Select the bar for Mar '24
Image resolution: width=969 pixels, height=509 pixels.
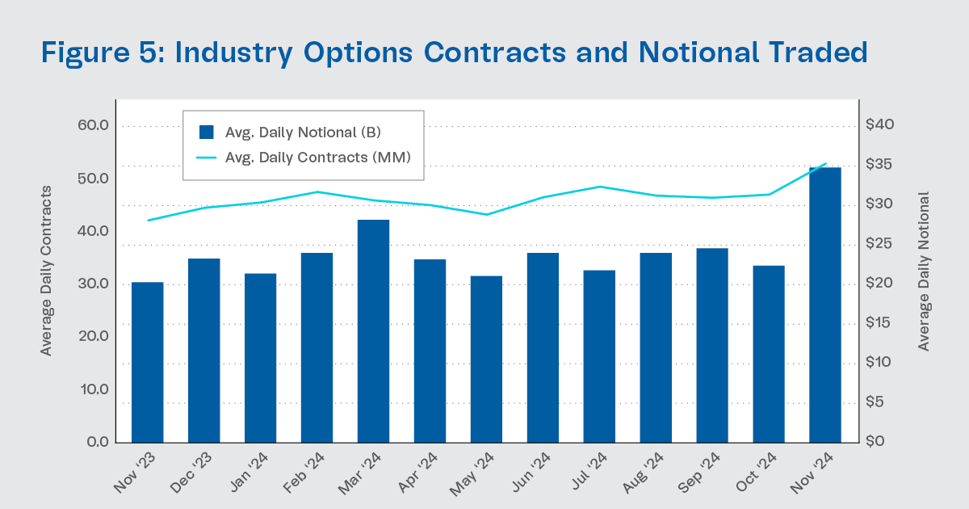[373, 331]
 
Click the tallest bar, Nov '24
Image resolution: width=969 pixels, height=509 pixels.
[825, 305]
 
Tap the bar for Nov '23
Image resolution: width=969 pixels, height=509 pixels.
[148, 363]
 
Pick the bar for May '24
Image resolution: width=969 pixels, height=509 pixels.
[486, 360]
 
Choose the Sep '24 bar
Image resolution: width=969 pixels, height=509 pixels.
[712, 346]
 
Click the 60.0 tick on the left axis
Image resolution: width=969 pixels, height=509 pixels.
[93, 126]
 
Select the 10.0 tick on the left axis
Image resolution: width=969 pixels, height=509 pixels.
[93, 389]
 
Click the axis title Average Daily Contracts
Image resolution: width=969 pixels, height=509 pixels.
[46, 271]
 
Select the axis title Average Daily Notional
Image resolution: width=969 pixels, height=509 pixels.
[924, 271]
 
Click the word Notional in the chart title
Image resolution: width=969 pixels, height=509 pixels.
[701, 53]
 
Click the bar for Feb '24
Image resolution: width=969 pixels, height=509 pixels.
[317, 347]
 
